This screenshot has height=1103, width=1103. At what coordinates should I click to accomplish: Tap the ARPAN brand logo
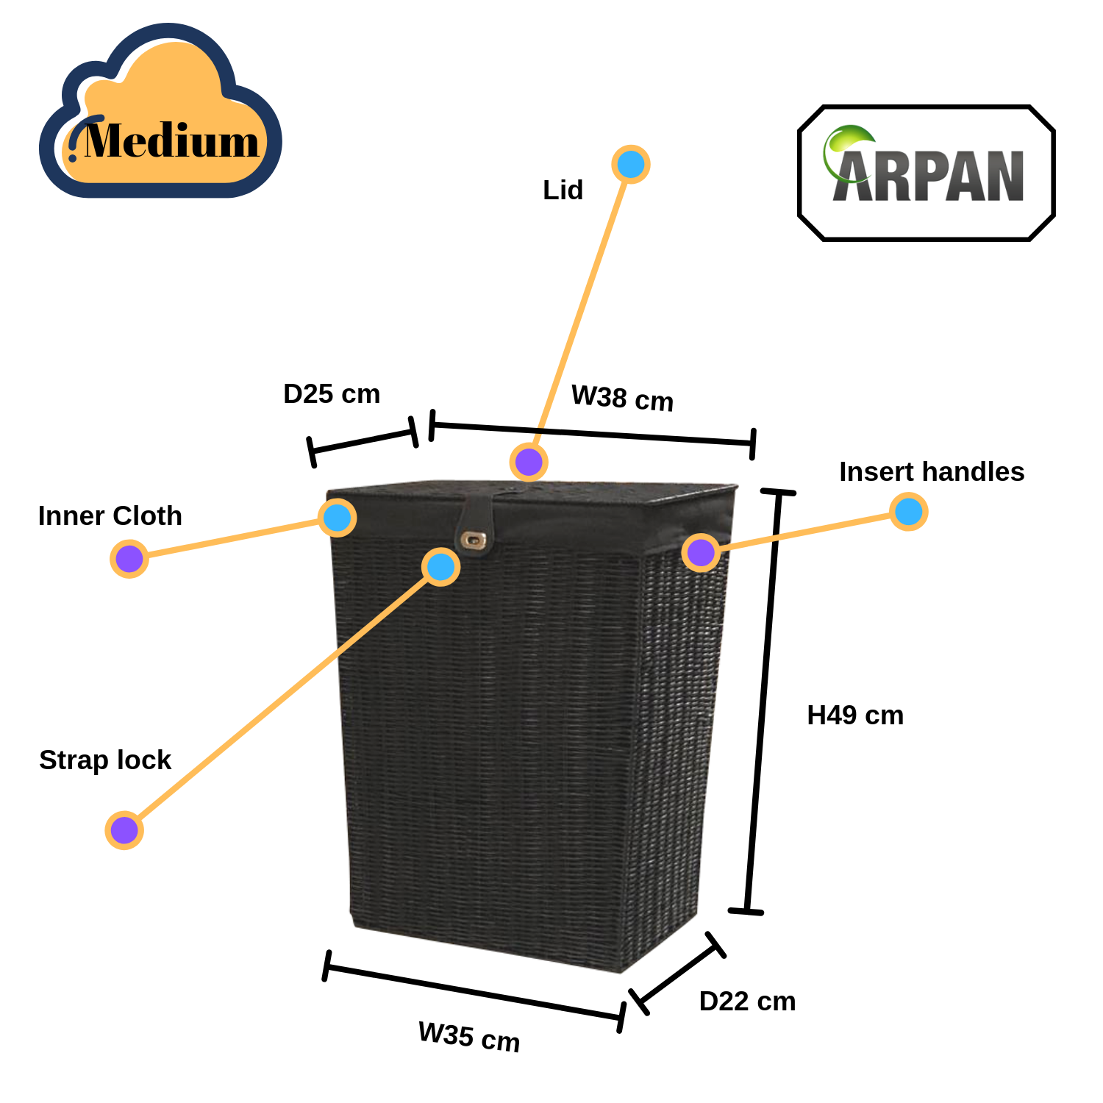pyautogui.click(x=927, y=174)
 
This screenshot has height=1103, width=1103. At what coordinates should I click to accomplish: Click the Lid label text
pyautogui.click(x=563, y=190)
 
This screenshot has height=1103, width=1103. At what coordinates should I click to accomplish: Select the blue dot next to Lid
pyautogui.click(x=631, y=164)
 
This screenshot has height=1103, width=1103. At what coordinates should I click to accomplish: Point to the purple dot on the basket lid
pyautogui.click(x=529, y=462)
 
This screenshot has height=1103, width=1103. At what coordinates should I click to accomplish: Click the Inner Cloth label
pyautogui.click(x=110, y=515)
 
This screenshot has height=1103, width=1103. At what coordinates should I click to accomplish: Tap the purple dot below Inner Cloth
pyautogui.click(x=129, y=559)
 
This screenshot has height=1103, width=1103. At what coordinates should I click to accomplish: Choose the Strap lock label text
pyautogui.click(x=104, y=760)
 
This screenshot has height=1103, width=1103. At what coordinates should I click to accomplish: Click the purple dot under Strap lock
pyautogui.click(x=124, y=830)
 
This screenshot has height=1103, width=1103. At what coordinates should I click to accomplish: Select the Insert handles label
pyautogui.click(x=932, y=471)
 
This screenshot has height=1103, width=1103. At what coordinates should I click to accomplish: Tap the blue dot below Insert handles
pyautogui.click(x=909, y=511)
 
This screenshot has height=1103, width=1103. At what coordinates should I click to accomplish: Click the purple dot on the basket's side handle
pyautogui.click(x=701, y=552)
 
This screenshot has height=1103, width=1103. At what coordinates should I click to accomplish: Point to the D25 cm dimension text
pyautogui.click(x=332, y=393)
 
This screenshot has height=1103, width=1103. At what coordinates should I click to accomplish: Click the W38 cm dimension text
pyautogui.click(x=622, y=398)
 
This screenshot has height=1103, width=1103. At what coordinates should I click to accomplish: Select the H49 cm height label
pyautogui.click(x=855, y=715)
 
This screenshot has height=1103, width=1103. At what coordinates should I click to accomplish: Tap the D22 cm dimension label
pyautogui.click(x=747, y=1001)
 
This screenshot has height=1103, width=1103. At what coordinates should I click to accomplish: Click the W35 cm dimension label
pyautogui.click(x=469, y=1037)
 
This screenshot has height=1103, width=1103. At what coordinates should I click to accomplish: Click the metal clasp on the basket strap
pyautogui.click(x=471, y=540)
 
